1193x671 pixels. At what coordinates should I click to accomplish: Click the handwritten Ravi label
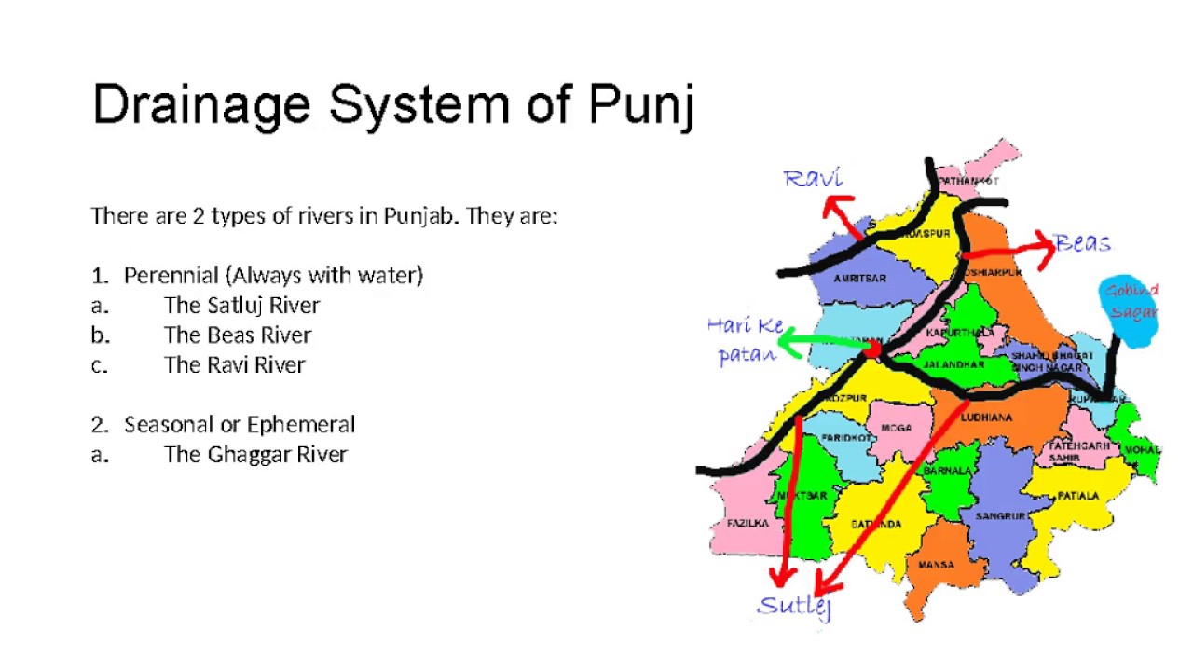coord(813,178)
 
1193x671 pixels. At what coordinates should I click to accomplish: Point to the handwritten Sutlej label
coord(794,606)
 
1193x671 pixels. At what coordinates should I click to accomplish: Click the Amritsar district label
coord(858,279)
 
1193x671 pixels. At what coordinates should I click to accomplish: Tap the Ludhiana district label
coord(986,418)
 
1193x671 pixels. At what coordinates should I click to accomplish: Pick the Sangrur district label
coord(1000,515)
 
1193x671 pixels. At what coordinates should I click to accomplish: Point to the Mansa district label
coord(936,565)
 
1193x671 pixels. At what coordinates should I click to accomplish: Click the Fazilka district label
coord(747,523)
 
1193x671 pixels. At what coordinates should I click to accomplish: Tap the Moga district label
coord(896,428)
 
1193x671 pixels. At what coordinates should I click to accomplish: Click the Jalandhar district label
coord(953,364)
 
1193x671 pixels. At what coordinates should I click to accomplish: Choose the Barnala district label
coord(948,472)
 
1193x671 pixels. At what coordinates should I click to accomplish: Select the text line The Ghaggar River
coord(255,454)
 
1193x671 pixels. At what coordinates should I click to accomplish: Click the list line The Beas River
coord(238,335)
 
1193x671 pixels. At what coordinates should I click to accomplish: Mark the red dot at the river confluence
coord(871,349)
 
